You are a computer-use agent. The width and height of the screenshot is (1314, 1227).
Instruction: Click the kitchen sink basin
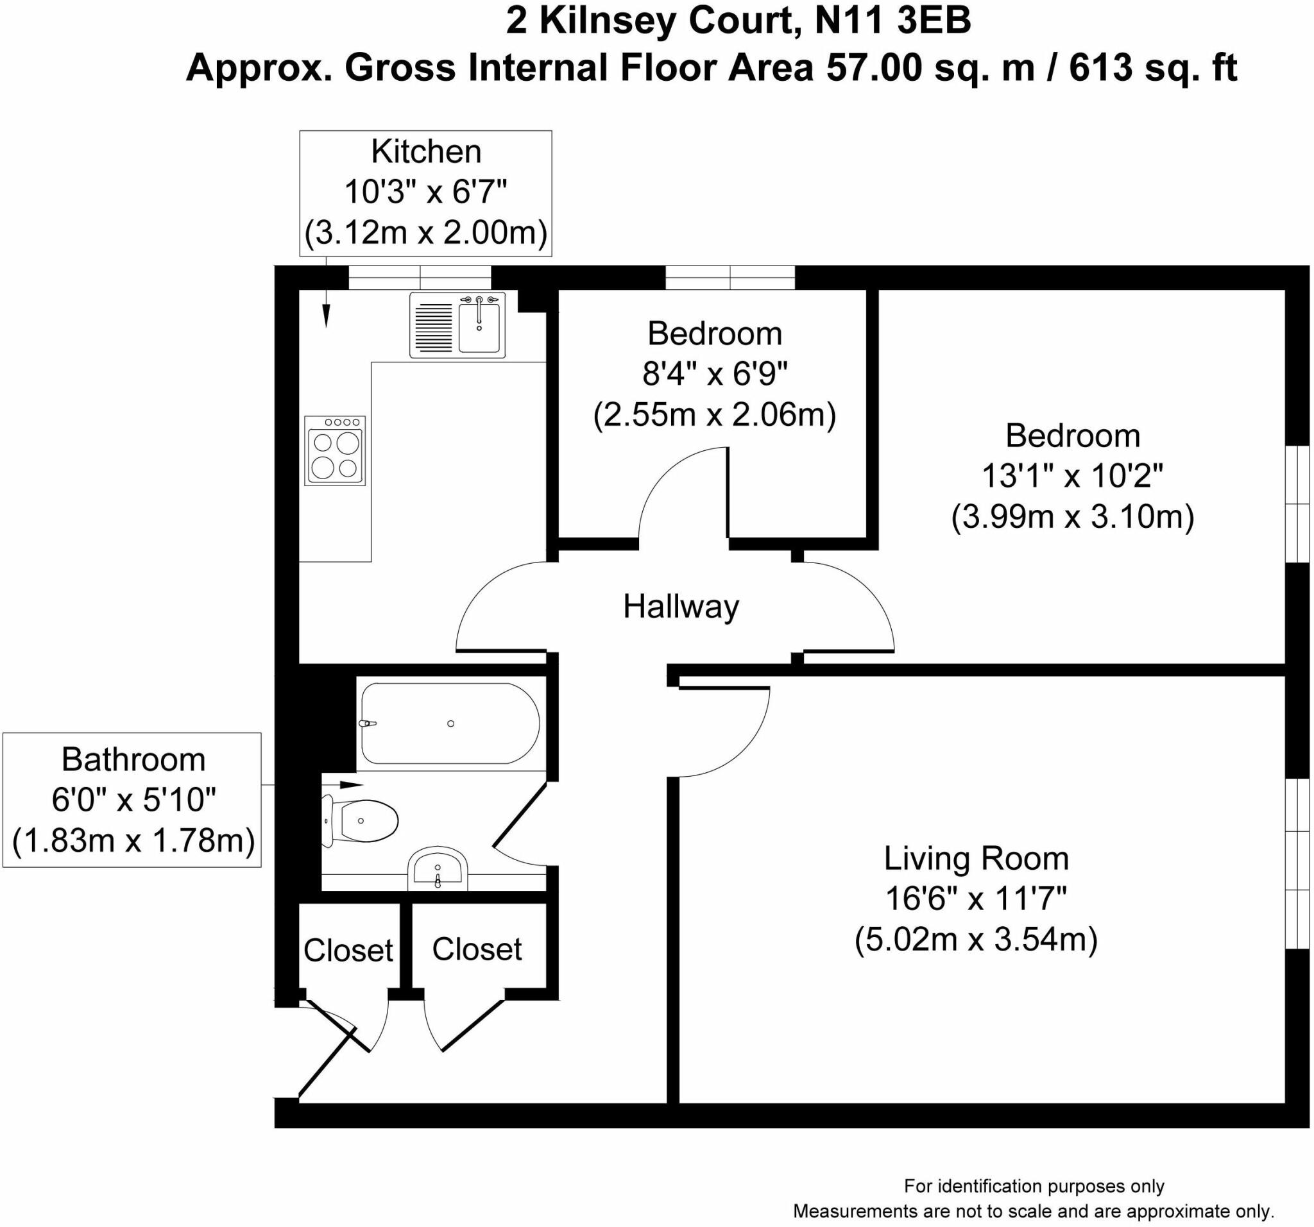point(479,326)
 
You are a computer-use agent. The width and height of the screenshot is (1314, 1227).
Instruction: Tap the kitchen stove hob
point(334,451)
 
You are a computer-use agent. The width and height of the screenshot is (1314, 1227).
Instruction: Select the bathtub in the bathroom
point(450,724)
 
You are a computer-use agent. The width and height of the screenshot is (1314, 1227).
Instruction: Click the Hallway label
point(681,607)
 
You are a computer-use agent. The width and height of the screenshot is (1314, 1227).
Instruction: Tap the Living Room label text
point(977,858)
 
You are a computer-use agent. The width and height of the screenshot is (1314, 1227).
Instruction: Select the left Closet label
point(348,950)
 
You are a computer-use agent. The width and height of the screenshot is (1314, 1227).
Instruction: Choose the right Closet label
point(477,949)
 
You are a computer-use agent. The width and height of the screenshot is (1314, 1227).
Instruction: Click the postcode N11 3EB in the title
point(894,21)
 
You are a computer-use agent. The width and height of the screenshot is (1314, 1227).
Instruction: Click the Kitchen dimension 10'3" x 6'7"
point(425,192)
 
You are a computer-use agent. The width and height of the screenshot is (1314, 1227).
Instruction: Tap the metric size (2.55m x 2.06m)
point(715,415)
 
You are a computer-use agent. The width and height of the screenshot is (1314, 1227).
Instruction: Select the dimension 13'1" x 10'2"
point(1072,475)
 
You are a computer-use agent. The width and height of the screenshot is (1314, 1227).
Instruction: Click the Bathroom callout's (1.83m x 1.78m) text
point(133,840)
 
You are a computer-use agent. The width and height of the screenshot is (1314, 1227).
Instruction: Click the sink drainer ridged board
point(433,326)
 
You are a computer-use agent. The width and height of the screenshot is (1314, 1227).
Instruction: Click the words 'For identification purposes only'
point(1034,1186)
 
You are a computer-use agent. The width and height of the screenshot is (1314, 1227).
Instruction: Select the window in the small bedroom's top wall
point(730,278)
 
